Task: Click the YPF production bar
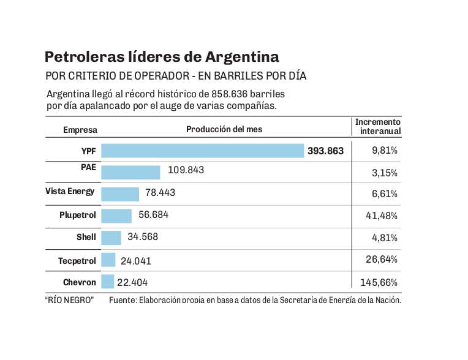[202, 151]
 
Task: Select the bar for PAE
[130, 172]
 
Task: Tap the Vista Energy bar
[120, 194]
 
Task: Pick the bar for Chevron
[108, 282]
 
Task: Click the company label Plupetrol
[78, 215]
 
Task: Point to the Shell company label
[86, 237]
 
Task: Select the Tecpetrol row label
[77, 261]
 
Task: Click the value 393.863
[326, 151]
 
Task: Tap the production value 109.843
[186, 170]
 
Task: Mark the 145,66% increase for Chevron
[380, 282]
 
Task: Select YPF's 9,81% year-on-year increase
[385, 150]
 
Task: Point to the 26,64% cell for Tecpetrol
[382, 260]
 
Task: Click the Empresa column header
[80, 130]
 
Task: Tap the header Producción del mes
[224, 129]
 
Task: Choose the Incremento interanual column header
[378, 127]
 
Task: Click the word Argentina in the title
[243, 58]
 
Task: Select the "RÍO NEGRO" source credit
[69, 300]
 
